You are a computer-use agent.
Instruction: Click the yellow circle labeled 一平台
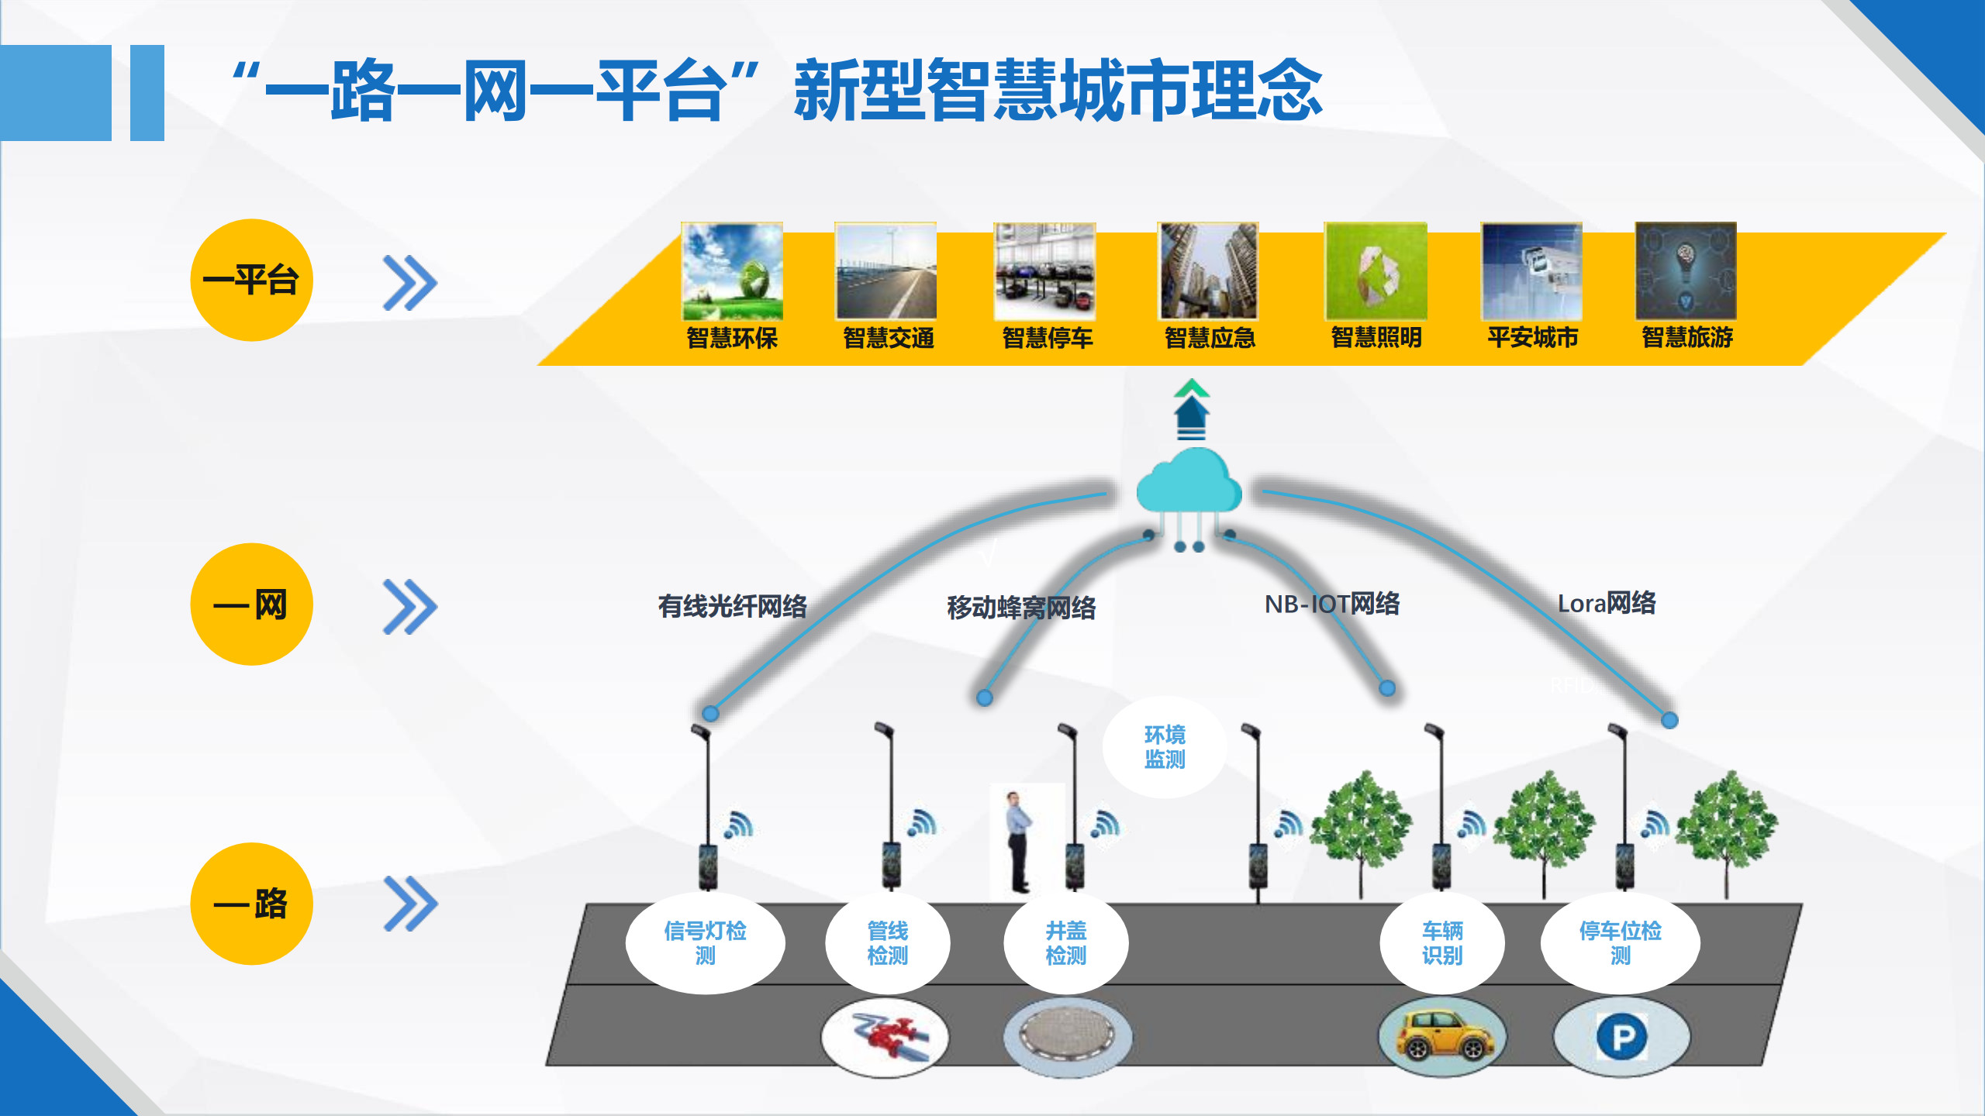[251, 280]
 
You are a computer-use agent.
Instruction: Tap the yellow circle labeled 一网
[251, 604]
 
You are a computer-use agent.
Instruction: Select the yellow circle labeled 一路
[251, 904]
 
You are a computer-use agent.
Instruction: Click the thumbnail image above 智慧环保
[732, 271]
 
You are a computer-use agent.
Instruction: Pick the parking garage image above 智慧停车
[1044, 271]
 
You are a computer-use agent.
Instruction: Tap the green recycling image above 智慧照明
[1376, 271]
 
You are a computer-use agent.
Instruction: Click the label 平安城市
[1533, 338]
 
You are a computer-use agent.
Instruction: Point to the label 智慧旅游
[1687, 338]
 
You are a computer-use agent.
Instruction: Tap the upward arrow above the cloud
[1191, 409]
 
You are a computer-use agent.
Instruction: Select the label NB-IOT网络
[1332, 604]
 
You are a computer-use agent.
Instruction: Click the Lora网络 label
[1607, 603]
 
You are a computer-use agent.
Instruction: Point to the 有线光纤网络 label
[733, 606]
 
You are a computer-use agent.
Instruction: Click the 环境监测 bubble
[1165, 747]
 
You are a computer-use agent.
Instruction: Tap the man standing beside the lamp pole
[1017, 841]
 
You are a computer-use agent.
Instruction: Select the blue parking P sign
[1622, 1037]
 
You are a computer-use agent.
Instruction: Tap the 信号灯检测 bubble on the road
[705, 943]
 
